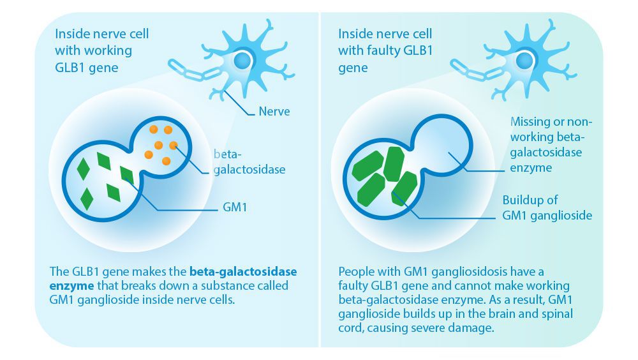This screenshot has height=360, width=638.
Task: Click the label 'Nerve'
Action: click(x=274, y=112)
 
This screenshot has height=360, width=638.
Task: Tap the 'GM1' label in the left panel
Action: click(x=235, y=207)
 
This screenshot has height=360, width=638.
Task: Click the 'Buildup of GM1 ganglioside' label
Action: click(x=547, y=207)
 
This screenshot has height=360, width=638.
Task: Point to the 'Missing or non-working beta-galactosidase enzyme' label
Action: click(x=552, y=144)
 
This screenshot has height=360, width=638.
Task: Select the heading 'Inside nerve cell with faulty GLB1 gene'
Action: click(x=385, y=50)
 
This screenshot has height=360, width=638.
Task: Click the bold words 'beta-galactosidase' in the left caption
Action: click(x=244, y=271)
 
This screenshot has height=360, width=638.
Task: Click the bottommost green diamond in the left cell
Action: click(x=87, y=199)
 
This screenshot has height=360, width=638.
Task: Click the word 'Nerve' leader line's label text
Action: click(x=274, y=112)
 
